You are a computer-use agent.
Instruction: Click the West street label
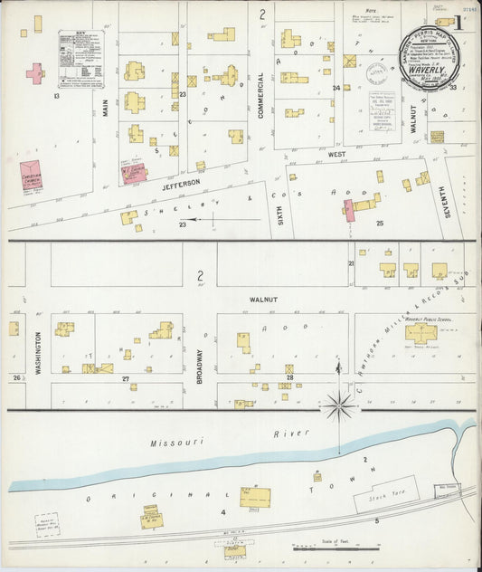click(x=336, y=155)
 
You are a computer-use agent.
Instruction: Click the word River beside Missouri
click(x=286, y=434)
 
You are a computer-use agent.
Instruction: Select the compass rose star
click(x=339, y=406)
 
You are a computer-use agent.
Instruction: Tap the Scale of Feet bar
click(x=335, y=548)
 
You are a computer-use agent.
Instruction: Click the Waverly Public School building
click(x=421, y=333)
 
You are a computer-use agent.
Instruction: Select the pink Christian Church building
click(x=35, y=176)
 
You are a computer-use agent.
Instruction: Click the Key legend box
click(x=80, y=58)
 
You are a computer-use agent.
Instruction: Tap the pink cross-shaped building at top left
click(x=35, y=73)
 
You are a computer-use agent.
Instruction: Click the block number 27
click(x=126, y=377)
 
